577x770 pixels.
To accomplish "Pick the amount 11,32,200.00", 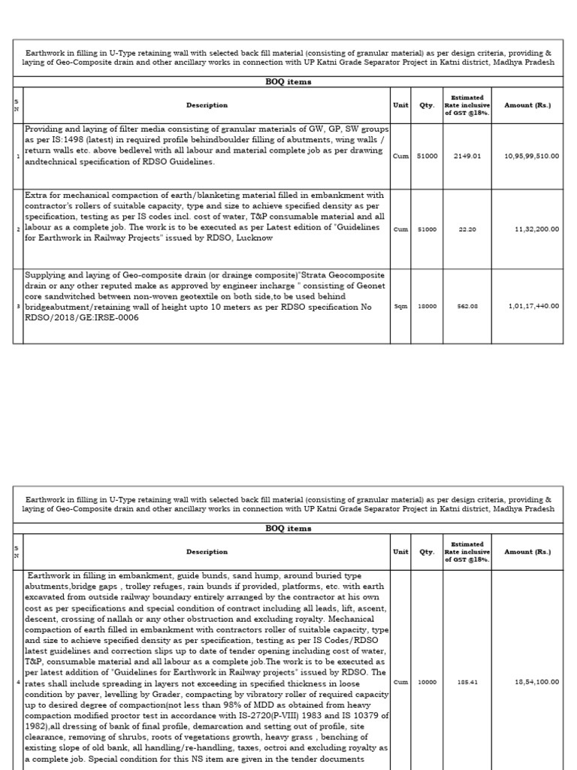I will tap(536, 229).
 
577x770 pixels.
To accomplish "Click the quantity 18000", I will tap(427, 307).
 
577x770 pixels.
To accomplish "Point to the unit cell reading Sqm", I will tap(400, 307).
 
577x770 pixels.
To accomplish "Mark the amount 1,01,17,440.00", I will tap(533, 307).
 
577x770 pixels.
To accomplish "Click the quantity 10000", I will tap(427, 682).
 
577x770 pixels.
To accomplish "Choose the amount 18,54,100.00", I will tap(536, 682).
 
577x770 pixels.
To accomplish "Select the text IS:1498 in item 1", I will tap(62, 140).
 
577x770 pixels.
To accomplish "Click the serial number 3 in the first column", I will tap(18, 307).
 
